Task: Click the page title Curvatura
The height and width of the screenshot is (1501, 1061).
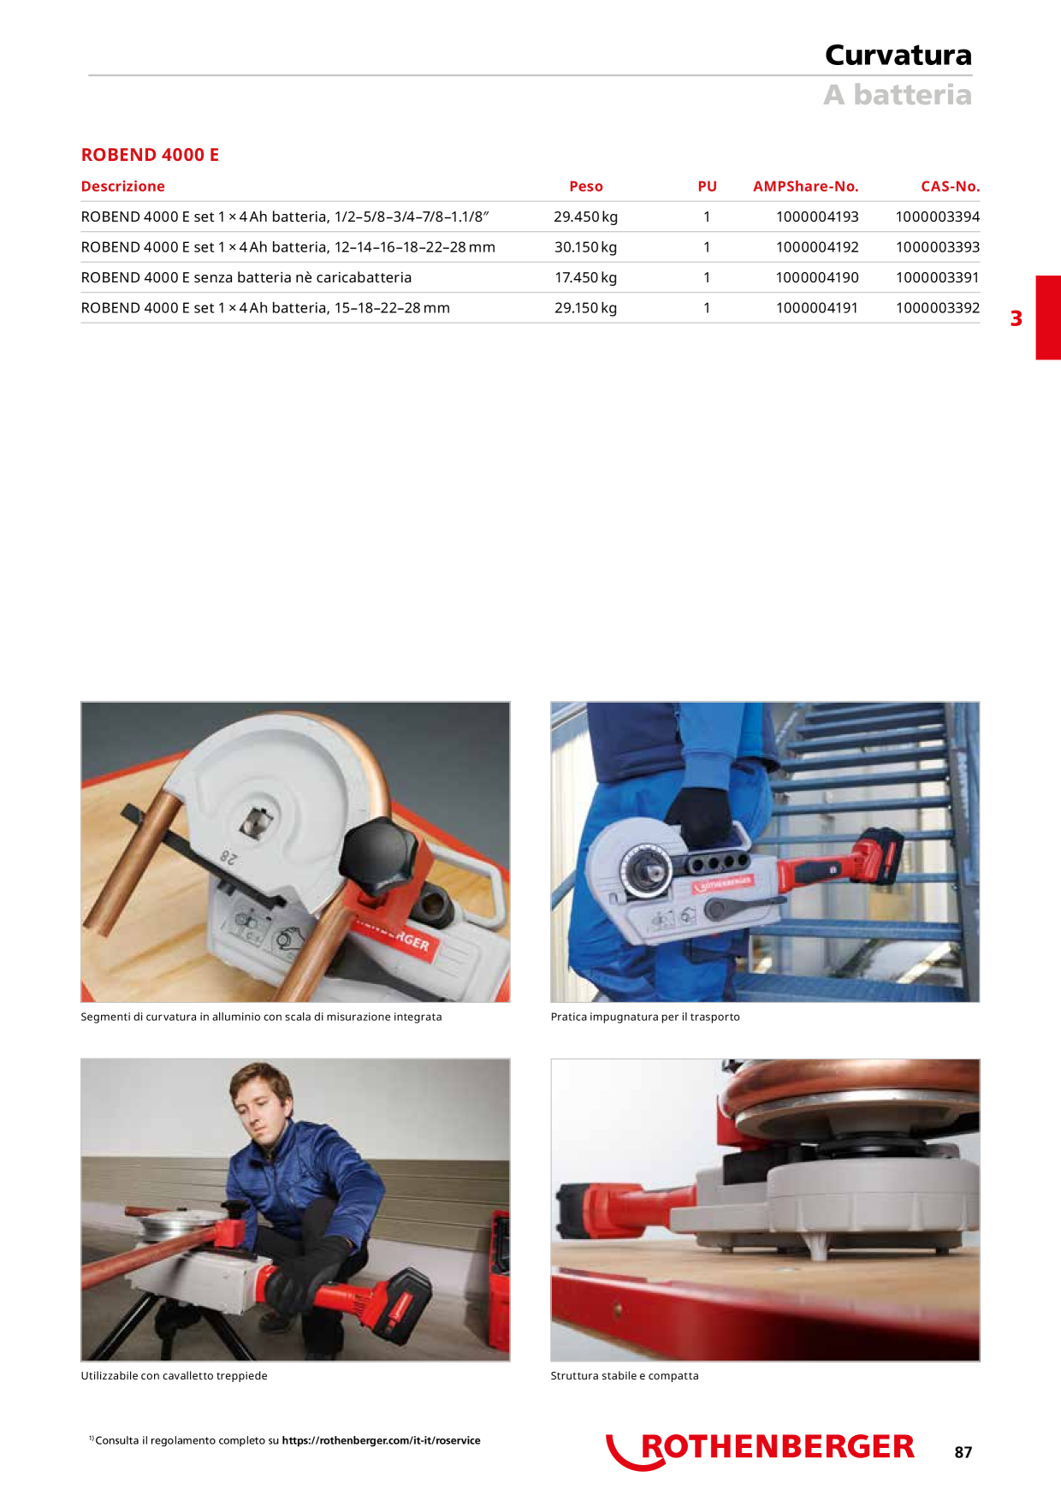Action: tap(898, 55)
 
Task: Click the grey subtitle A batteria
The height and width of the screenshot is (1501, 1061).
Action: tap(898, 94)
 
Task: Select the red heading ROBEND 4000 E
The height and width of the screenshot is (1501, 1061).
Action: tap(150, 155)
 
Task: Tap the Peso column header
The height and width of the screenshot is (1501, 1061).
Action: tap(586, 187)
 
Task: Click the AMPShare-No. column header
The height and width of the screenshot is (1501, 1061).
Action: tap(806, 187)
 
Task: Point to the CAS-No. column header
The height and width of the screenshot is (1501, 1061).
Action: tap(951, 187)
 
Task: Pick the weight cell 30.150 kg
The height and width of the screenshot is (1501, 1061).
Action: tap(585, 247)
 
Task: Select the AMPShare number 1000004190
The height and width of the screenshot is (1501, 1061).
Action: tap(817, 277)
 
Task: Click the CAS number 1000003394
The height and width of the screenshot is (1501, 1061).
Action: tap(938, 217)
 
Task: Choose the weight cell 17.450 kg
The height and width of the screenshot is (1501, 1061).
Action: tap(585, 277)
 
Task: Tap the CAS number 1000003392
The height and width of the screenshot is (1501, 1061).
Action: tap(938, 308)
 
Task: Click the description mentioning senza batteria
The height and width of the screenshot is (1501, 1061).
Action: tap(246, 277)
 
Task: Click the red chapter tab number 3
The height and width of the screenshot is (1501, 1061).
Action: tap(1017, 318)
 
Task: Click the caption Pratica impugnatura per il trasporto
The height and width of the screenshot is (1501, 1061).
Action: tap(645, 1017)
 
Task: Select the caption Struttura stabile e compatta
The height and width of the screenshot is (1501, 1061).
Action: tap(625, 1376)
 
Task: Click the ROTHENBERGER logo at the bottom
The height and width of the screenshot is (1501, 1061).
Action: tap(761, 1448)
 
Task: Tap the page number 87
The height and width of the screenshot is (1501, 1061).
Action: tap(963, 1452)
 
